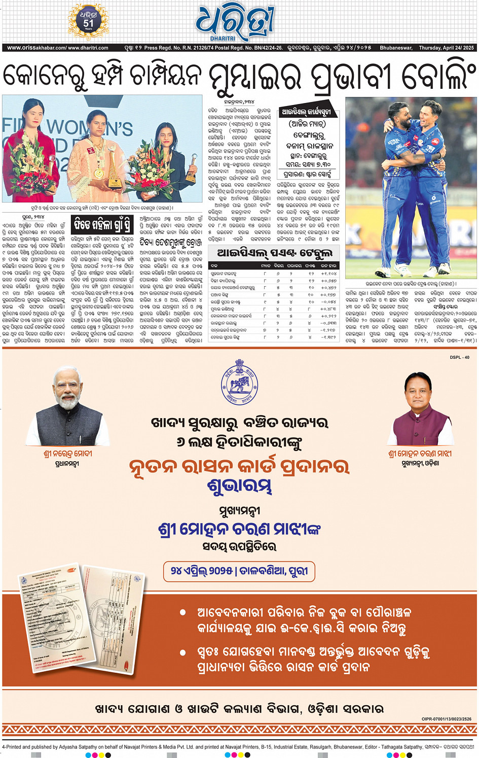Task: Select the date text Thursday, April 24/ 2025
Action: click(446, 48)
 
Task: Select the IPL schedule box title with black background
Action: click(306, 112)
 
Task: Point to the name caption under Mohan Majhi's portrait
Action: click(420, 454)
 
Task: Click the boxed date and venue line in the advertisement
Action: click(239, 571)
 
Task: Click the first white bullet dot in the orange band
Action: click(183, 613)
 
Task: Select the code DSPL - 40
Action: click(459, 357)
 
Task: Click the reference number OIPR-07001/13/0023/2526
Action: click(446, 718)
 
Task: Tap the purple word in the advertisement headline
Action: click(239, 487)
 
